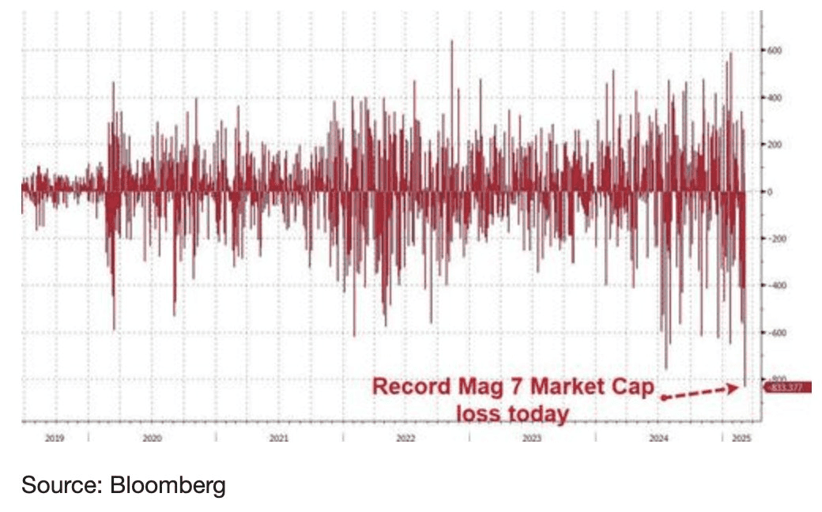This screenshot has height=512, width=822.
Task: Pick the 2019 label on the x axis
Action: tap(54, 437)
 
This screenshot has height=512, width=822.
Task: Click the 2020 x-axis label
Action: tap(152, 437)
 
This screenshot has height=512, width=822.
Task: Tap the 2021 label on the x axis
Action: tap(278, 437)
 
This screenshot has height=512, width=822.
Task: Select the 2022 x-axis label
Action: tap(405, 437)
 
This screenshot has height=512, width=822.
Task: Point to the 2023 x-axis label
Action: tap(532, 437)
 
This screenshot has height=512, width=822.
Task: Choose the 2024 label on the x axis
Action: tap(659, 437)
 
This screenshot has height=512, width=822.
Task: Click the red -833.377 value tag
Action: tap(786, 386)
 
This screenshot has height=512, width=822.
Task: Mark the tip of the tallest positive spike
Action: tap(451, 40)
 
